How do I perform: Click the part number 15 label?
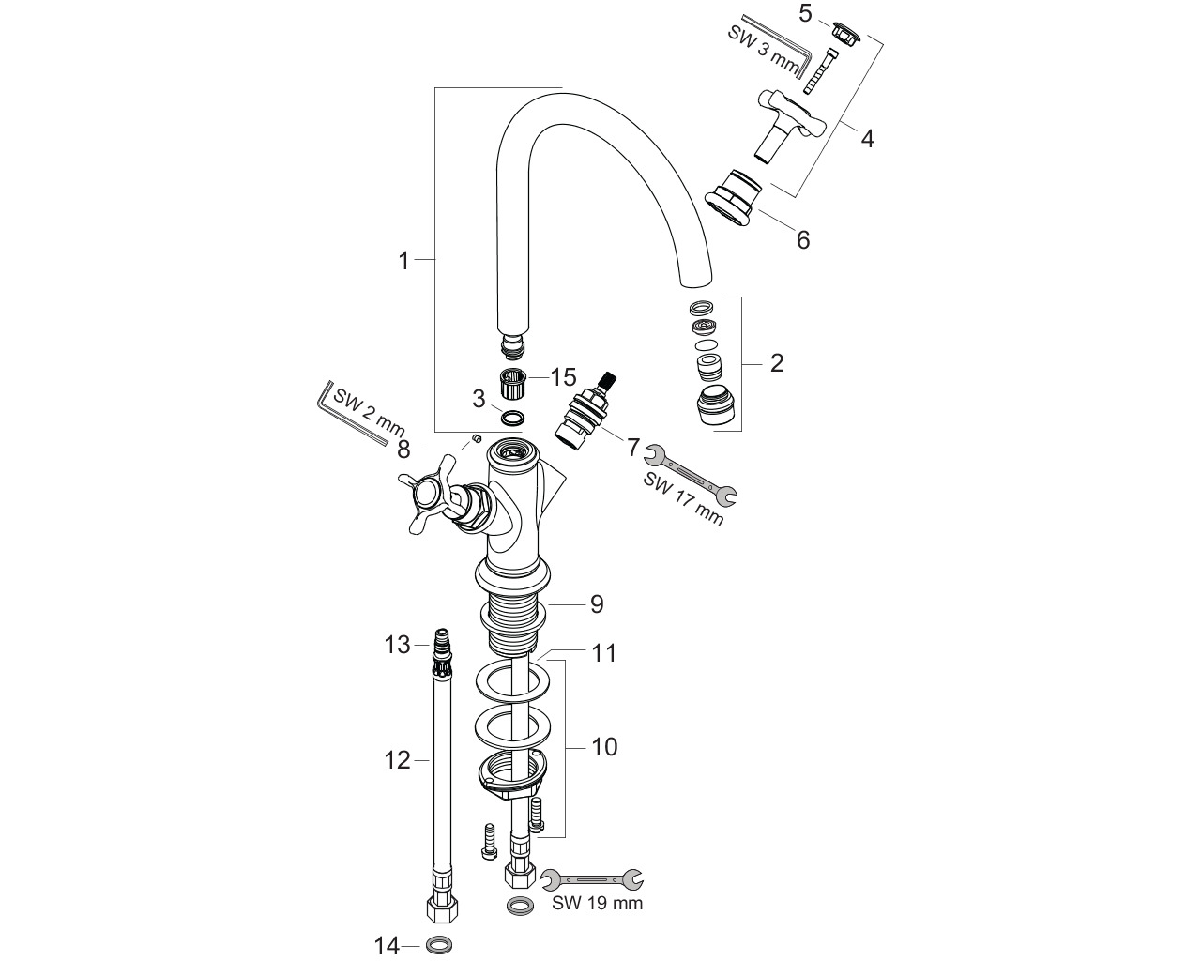pos(563,377)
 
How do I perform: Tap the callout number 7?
pos(631,447)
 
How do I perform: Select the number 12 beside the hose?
pos(397,760)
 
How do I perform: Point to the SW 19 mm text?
pos(597,903)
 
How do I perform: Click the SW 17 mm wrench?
pos(691,475)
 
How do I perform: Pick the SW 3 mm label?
pos(763,49)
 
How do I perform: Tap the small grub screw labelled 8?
pos(476,438)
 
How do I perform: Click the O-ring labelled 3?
pos(512,417)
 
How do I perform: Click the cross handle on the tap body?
pos(430,495)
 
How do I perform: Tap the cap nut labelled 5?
pos(845,31)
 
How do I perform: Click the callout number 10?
pos(604,747)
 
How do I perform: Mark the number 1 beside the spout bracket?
pos(404,261)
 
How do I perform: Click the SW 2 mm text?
pos(369,412)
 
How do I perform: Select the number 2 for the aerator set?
pos(776,363)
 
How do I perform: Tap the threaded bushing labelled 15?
pos(511,384)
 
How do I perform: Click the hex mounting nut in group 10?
pos(512,775)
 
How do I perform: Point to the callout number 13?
pos(397,645)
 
